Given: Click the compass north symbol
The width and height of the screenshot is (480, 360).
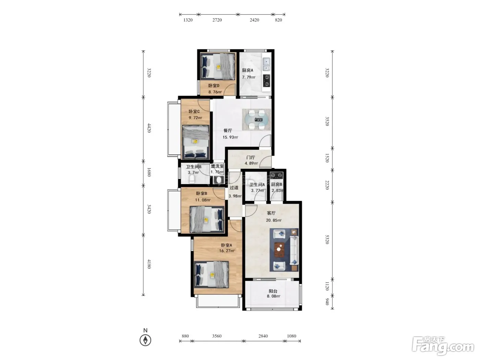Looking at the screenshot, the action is tap(145, 340).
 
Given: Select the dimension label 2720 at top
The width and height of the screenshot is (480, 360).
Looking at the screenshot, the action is tap(217, 20).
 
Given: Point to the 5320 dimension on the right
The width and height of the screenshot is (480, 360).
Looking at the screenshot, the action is tap(327, 239).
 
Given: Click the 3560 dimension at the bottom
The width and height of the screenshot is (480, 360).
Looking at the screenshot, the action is tap(217, 336).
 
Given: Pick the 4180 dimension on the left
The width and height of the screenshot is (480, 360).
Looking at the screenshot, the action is tap(149, 264).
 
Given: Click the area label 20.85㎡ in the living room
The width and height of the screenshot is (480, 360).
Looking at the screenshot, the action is tap(274, 220).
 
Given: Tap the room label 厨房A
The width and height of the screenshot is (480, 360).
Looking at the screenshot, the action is tap(248, 70).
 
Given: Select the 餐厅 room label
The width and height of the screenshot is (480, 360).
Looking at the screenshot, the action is tap(228, 131).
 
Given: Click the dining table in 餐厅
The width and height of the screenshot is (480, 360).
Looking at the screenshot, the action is tap(256, 120).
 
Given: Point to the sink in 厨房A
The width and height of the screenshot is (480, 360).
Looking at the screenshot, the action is tap(266, 64).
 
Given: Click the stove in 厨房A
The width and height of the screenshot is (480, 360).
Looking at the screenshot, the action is tap(266, 81).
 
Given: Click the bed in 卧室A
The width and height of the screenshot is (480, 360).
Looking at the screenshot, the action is tap(212, 275).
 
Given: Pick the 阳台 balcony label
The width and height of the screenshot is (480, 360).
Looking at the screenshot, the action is tap(273, 291).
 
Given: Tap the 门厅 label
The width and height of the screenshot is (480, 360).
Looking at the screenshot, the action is tap(251, 157).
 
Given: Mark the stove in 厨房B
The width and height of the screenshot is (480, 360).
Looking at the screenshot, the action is tap(276, 175).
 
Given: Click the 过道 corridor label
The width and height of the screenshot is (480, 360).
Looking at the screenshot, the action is tap(234, 188).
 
